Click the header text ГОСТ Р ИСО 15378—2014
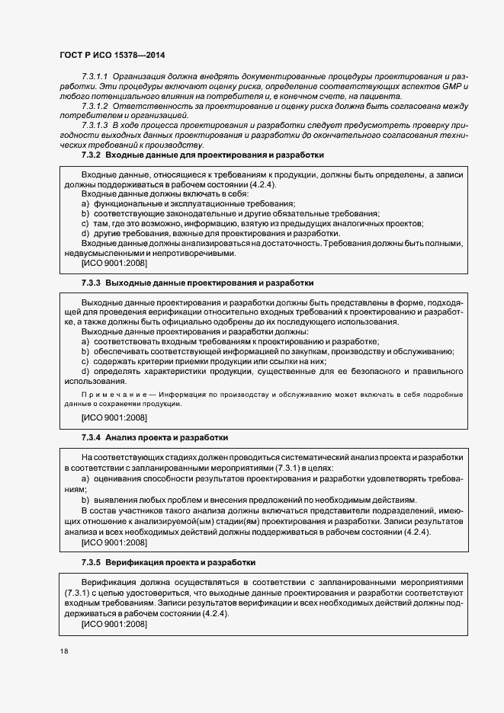pos(112,56)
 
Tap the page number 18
pos(62,652)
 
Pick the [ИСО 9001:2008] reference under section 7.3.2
pos(114,263)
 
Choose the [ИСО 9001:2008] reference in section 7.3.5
pos(114,624)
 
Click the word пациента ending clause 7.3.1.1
pos(380,97)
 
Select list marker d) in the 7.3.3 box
pos(85,371)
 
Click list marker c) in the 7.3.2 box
pos(85,224)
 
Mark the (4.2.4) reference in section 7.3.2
pos(263,185)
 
